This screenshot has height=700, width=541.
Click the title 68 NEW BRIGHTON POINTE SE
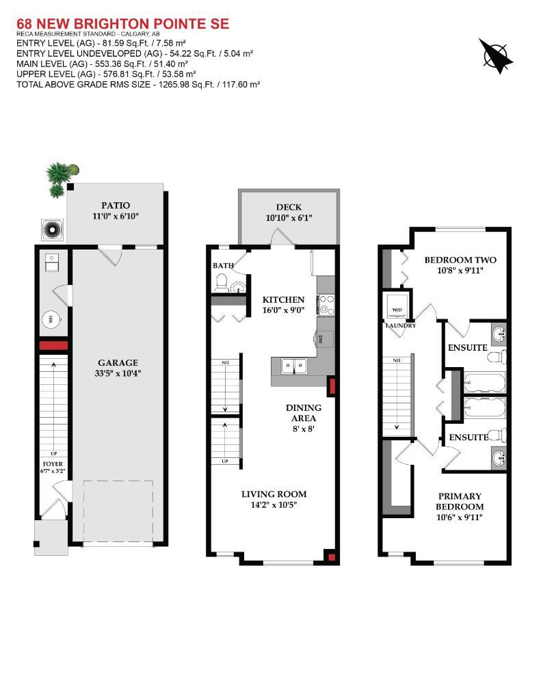tap(123, 24)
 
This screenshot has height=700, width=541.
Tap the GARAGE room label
tap(117, 363)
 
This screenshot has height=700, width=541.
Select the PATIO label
tap(116, 205)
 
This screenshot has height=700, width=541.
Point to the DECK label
tap(289, 207)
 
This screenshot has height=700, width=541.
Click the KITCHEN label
tap(284, 299)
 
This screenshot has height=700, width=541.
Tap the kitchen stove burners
tap(326, 304)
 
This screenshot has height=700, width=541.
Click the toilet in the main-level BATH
tap(221, 282)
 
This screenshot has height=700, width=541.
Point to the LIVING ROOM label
tap(274, 494)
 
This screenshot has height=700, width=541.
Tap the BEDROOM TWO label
tap(460, 260)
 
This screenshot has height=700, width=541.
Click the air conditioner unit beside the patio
tap(53, 229)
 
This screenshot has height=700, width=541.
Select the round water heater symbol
tap(52, 319)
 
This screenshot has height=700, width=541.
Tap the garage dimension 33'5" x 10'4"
tap(117, 373)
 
